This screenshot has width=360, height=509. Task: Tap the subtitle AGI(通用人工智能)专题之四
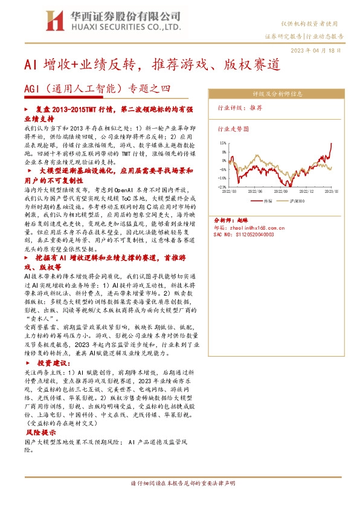[97, 89]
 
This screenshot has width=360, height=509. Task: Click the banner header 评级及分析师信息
[277, 94]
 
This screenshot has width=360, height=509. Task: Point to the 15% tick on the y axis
[222, 143]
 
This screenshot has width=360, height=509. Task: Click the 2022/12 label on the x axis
[307, 191]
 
